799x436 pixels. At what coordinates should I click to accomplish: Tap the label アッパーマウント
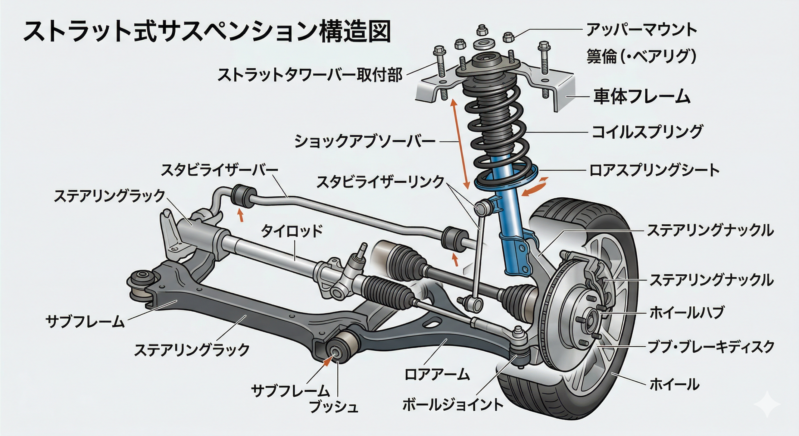coord(642,30)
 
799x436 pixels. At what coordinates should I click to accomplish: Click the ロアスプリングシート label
coord(654,171)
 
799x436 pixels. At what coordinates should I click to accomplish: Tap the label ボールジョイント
coord(453,405)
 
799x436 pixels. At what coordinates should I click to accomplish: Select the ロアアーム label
coord(437,374)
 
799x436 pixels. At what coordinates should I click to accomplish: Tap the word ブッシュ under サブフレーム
coord(333,407)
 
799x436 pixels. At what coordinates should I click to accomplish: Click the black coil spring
coord(496,125)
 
